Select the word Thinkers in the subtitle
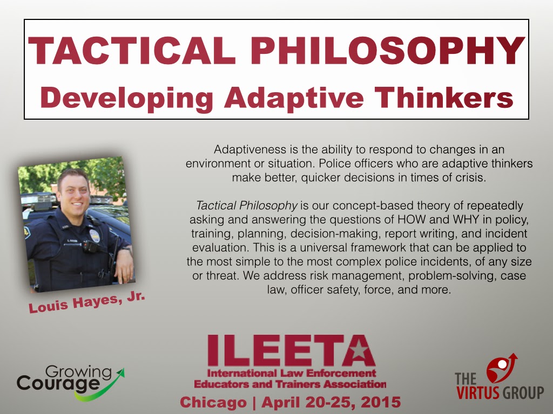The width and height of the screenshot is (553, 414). point(444,98)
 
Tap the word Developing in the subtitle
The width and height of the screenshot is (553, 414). point(126,99)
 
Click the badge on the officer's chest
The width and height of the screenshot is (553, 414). point(95,236)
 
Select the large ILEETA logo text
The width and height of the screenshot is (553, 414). point(291,350)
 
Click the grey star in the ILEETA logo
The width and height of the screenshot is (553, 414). point(359,349)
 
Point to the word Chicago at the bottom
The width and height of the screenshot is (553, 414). point(213,402)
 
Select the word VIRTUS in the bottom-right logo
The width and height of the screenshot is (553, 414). point(477,392)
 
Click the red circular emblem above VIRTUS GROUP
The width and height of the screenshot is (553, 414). point(500,368)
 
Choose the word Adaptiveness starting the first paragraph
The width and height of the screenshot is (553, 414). point(249,150)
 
